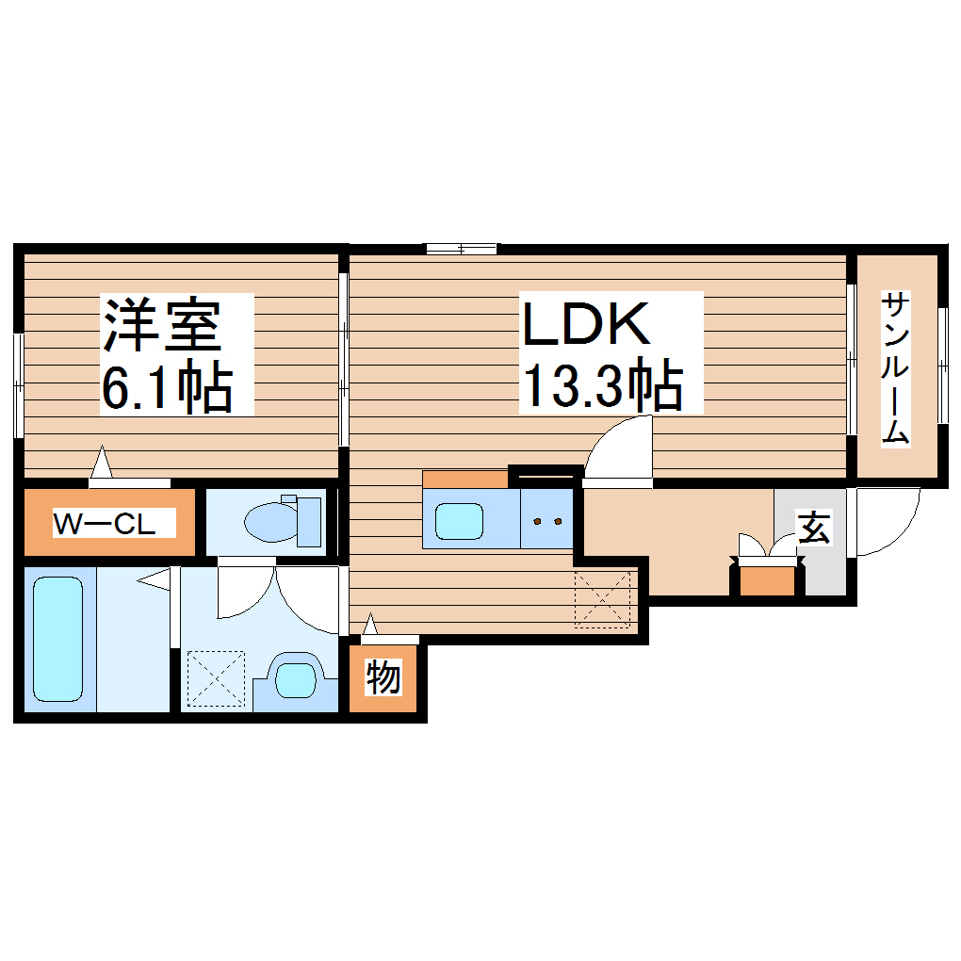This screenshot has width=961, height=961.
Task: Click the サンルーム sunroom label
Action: pos(896,367)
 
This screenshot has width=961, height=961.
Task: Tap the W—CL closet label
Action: pos(104,523)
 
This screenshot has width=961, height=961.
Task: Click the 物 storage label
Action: pos(383,677)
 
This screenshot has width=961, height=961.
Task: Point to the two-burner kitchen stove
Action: pos(546,519)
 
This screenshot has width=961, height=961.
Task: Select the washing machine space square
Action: pos(216,676)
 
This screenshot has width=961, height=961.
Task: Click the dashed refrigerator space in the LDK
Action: pos(603,598)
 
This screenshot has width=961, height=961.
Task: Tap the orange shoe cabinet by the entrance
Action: pos(768,581)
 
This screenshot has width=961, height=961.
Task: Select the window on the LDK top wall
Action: pos(461,249)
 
